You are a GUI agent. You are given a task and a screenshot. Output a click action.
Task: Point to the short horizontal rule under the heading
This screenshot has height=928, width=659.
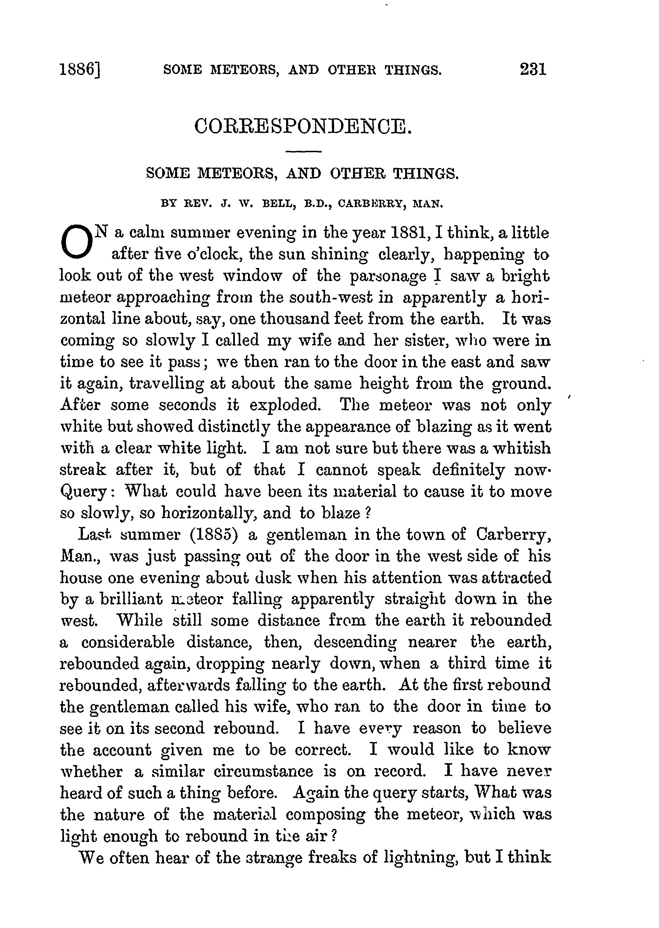(x=304, y=152)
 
